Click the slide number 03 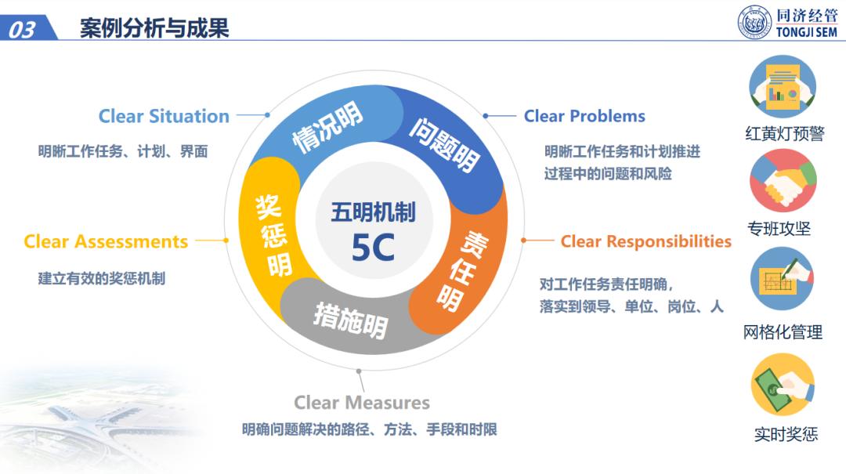[x=22, y=29]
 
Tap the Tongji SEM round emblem [x=754, y=23]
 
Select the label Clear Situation [x=164, y=116]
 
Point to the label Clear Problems [x=584, y=116]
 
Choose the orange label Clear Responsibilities [x=645, y=241]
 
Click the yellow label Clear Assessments [x=106, y=241]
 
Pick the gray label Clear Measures [x=361, y=403]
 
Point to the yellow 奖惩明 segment [x=269, y=235]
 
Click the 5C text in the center [x=373, y=248]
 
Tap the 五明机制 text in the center [x=373, y=212]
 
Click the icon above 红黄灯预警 [x=783, y=87]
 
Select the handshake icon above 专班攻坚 [x=783, y=181]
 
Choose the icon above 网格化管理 [x=783, y=279]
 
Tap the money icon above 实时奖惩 [x=783, y=385]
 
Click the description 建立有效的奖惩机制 [x=101, y=279]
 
